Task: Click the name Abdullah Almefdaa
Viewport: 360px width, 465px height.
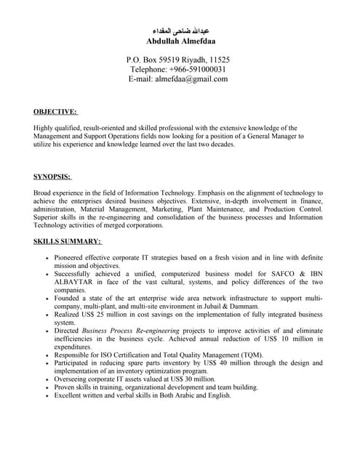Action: (x=180, y=41)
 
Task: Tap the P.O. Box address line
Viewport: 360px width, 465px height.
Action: (x=178, y=59)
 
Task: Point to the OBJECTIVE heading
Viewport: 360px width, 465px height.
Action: (x=55, y=111)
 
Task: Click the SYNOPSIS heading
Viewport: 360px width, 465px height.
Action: (x=52, y=177)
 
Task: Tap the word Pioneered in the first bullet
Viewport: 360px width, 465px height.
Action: (x=71, y=258)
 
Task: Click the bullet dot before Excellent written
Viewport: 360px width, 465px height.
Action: (x=47, y=396)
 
